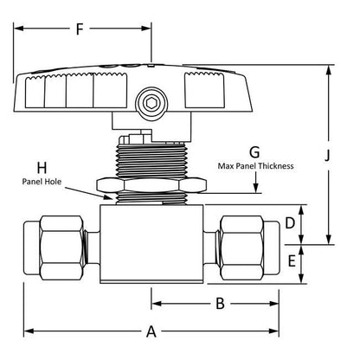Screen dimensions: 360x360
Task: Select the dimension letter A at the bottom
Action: (x=151, y=331)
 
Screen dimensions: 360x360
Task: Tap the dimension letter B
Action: (x=220, y=303)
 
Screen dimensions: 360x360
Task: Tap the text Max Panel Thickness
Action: (x=256, y=166)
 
